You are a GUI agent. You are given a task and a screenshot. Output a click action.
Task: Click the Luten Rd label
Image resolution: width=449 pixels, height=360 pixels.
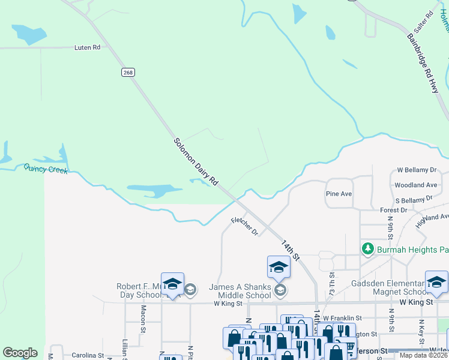(87, 47)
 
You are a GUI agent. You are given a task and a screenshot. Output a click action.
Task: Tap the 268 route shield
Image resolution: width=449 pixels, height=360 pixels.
(128, 72)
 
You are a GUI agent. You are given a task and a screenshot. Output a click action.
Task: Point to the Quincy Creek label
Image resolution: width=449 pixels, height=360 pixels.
(46, 169)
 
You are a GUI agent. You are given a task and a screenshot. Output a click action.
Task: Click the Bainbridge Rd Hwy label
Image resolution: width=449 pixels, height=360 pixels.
(423, 62)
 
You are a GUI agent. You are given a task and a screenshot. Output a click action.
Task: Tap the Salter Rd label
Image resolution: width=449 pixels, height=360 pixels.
(423, 22)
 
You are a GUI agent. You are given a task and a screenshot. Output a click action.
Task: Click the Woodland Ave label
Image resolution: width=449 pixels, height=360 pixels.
(416, 185)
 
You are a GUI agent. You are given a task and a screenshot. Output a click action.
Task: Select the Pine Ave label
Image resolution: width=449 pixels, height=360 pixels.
(339, 194)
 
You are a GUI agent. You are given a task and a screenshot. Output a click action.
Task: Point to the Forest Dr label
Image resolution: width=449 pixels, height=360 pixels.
(394, 210)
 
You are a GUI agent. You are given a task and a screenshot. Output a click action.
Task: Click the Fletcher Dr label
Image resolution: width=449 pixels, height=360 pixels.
(244, 226)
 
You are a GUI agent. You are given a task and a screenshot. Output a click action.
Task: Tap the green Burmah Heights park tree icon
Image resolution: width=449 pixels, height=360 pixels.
(367, 248)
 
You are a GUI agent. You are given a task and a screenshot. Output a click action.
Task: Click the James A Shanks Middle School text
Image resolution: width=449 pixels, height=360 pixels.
(240, 291)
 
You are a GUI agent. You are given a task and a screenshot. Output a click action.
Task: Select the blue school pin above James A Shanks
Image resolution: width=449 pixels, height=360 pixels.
(279, 267)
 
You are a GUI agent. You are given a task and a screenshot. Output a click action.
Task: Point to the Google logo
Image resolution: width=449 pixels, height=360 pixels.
(20, 353)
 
